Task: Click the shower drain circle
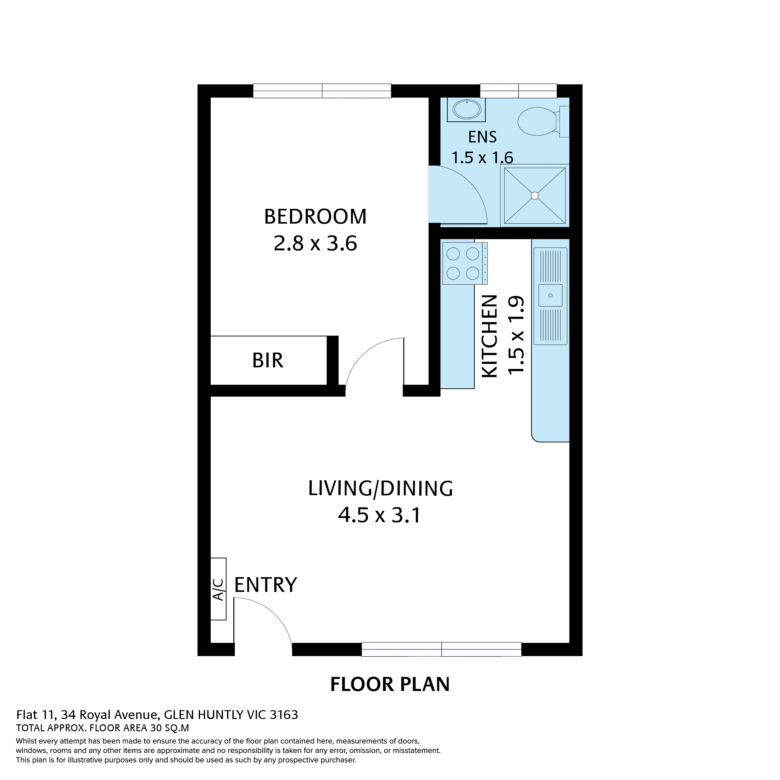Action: pyautogui.click(x=535, y=196)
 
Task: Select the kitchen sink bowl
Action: pyautogui.click(x=550, y=295)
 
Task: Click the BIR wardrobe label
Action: pyautogui.click(x=268, y=360)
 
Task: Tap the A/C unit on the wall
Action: pyautogui.click(x=218, y=589)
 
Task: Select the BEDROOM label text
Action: pyautogui.click(x=315, y=217)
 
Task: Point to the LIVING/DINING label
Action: pyautogui.click(x=380, y=489)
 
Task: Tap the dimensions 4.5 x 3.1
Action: pyautogui.click(x=380, y=515)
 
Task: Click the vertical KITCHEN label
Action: pyautogui.click(x=490, y=336)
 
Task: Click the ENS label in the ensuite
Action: pyautogui.click(x=482, y=137)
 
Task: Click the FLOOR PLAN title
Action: pyautogui.click(x=390, y=684)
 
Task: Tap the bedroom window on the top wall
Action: pyautogui.click(x=322, y=91)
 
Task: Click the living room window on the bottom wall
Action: pyautogui.click(x=441, y=649)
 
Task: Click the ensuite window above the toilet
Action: pyautogui.click(x=518, y=91)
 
